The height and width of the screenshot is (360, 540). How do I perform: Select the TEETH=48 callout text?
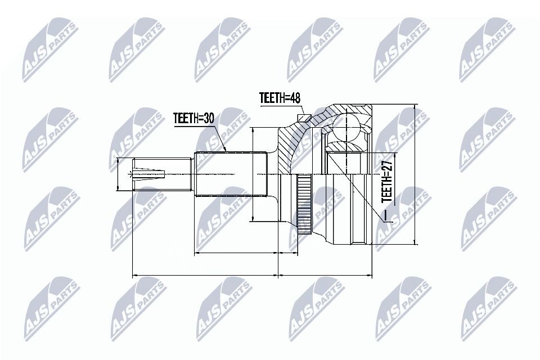click(x=280, y=97)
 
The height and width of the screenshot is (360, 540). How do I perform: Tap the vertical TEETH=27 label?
click(x=386, y=182)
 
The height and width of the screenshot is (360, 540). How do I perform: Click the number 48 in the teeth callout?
click(x=295, y=97)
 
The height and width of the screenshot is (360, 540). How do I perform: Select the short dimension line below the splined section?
click(x=236, y=254)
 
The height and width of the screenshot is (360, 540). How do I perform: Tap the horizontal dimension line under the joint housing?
click(x=326, y=276)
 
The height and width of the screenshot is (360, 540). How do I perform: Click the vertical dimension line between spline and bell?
click(x=254, y=174)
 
